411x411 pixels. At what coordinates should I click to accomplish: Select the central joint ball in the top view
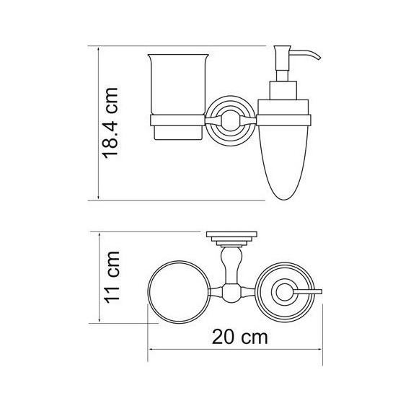(x=231, y=293)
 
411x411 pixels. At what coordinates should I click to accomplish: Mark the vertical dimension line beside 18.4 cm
(x=97, y=123)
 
